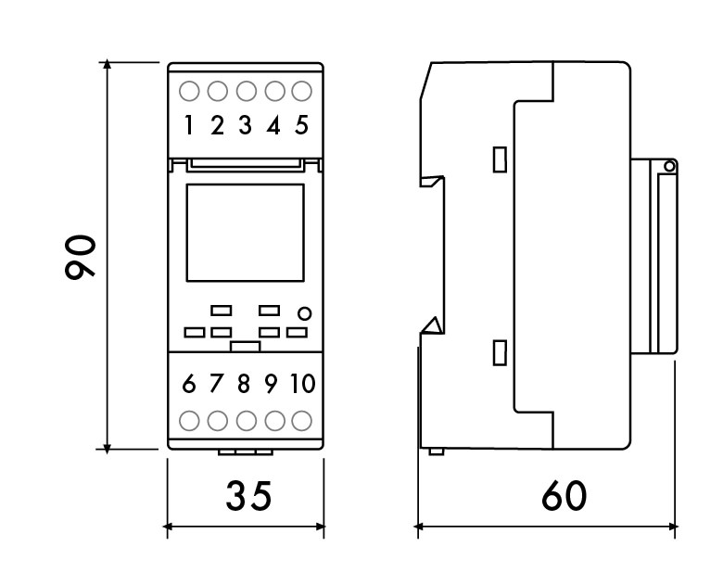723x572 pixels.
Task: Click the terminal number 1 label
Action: (188, 125)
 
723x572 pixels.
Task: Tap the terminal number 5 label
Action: (301, 125)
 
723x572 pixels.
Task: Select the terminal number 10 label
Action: (302, 383)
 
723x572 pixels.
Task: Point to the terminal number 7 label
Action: (216, 383)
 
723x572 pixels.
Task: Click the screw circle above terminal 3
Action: (247, 92)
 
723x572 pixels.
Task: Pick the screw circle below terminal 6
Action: (189, 421)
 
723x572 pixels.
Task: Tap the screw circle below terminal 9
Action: (274, 421)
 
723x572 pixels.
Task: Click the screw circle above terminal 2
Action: (218, 92)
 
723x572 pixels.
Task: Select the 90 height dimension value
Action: (81, 257)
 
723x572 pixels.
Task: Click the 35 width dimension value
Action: (248, 496)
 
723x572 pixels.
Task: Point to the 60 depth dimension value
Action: (564, 496)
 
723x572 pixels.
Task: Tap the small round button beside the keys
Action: (304, 313)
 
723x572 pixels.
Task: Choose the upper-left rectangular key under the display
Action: (222, 311)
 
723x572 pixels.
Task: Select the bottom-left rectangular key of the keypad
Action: (195, 332)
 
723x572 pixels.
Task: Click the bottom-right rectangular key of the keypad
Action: (297, 332)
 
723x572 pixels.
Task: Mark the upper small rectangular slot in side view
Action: (500, 159)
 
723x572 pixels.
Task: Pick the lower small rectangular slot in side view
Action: (500, 353)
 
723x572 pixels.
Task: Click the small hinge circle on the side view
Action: (669, 166)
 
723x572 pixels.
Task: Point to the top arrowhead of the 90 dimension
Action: (107, 64)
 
